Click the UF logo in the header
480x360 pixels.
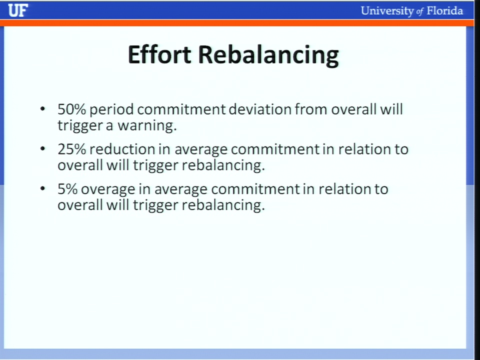coord(18,10)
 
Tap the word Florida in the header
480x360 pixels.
coord(444,10)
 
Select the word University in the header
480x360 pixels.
coord(387,11)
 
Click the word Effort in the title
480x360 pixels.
coord(159,54)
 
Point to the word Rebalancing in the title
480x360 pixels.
coord(268,55)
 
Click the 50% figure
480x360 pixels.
coord(71,109)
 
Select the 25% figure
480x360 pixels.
coord(71,149)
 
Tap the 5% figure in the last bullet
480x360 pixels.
coord(67,189)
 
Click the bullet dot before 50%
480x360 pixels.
coord(42,108)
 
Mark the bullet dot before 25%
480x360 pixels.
coord(42,148)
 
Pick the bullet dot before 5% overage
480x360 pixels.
coord(42,188)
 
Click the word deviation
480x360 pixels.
coord(260,109)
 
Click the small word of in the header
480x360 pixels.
coord(420,12)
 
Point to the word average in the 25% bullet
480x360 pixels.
coord(201,150)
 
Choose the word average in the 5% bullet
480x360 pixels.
coord(180,190)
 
